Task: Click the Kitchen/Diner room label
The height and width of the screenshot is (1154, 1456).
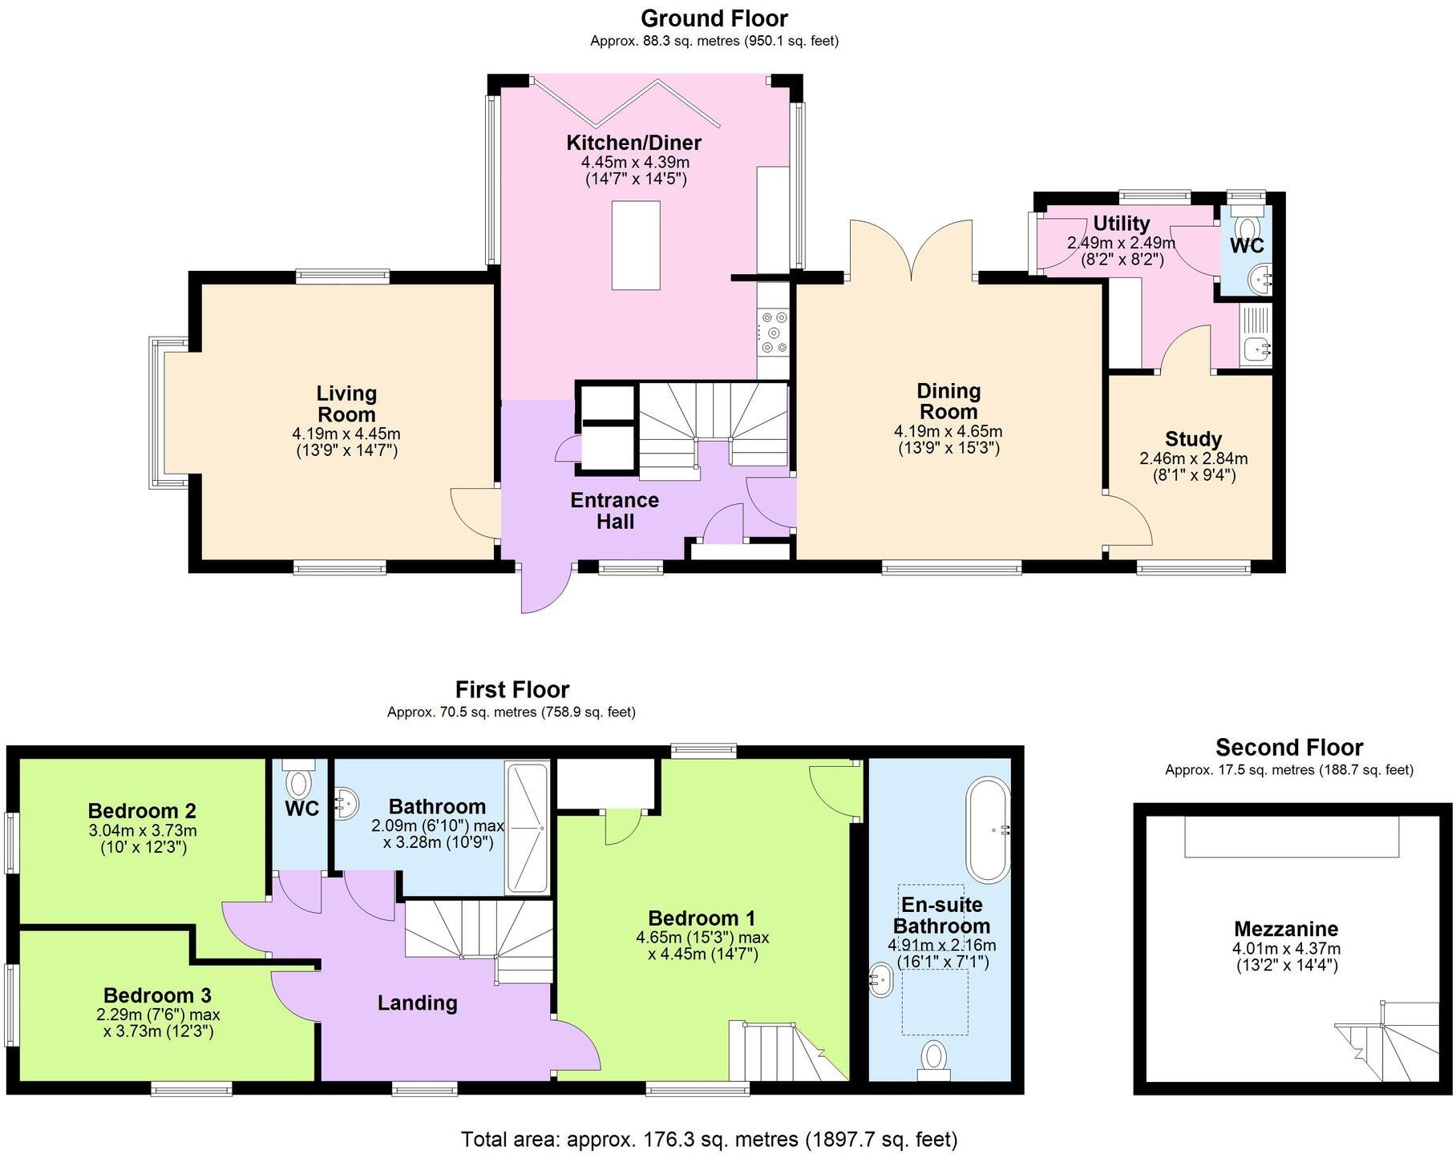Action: pyautogui.click(x=633, y=143)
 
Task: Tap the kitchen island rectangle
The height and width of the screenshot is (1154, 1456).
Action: pyautogui.click(x=636, y=245)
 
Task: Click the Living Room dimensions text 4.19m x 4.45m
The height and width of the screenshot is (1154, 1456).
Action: pyautogui.click(x=346, y=434)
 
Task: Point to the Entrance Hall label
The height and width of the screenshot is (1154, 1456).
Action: pyautogui.click(x=614, y=510)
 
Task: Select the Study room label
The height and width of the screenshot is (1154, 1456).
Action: pyautogui.click(x=1193, y=438)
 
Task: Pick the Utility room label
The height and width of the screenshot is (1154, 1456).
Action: pyautogui.click(x=1121, y=224)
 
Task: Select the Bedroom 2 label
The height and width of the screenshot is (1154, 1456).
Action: pyautogui.click(x=142, y=810)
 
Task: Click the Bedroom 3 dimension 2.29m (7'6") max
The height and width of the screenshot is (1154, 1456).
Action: pyautogui.click(x=157, y=1015)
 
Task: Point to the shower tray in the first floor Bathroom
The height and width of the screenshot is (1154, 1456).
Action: pyautogui.click(x=527, y=828)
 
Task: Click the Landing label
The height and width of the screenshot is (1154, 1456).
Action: pyautogui.click(x=417, y=1003)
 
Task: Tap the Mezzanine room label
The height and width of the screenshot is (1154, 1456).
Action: pyautogui.click(x=1285, y=929)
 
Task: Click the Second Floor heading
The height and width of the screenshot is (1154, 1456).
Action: pyautogui.click(x=1288, y=747)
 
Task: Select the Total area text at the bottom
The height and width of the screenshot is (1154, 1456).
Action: pyautogui.click(x=709, y=1139)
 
